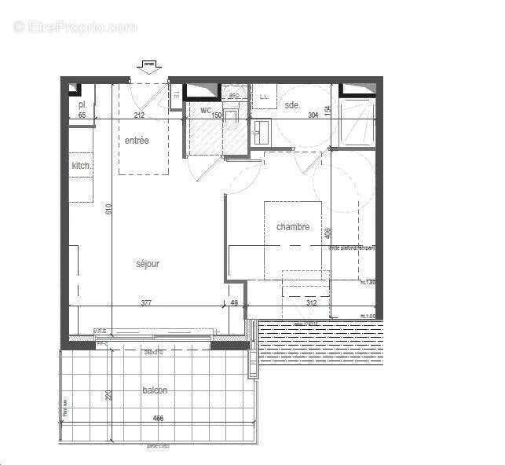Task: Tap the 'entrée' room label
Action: [137, 141]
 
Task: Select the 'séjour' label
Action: [147, 264]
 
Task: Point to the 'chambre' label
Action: [292, 227]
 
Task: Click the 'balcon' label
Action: [155, 390]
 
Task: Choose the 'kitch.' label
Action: [82, 166]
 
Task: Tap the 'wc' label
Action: [206, 111]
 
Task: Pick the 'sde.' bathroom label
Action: [292, 105]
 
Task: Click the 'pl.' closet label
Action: [82, 105]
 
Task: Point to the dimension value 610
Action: [109, 209]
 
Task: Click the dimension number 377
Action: [147, 302]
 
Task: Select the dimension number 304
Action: [313, 115]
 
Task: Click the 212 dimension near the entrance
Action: [139, 115]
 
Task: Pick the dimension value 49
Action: [234, 302]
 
